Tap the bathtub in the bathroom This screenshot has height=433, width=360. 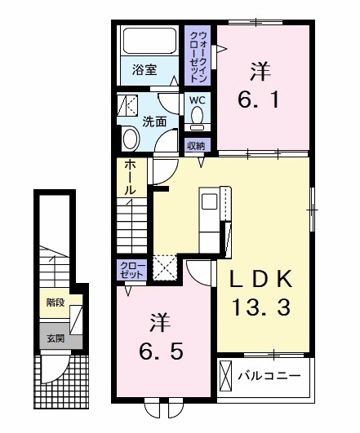149,42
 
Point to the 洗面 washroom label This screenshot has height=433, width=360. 155,122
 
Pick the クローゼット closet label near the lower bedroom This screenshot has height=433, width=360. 131,271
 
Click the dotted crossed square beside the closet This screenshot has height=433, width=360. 165,267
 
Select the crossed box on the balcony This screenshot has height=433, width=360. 228,377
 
